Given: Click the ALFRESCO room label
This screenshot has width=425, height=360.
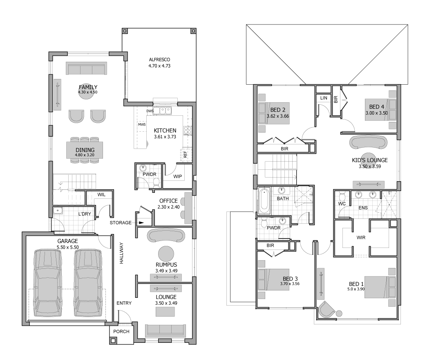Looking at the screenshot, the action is click(159, 60).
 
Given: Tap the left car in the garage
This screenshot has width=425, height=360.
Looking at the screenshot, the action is click(47, 283).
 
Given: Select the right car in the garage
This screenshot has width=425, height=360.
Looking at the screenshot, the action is click(88, 283).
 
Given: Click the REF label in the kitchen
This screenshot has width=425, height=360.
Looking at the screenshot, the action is click(185, 154).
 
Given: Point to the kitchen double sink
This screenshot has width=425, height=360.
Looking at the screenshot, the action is click(162, 111).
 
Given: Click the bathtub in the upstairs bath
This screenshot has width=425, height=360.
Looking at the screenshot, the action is click(264, 201).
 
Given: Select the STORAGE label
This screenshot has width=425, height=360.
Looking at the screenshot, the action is click(121, 223).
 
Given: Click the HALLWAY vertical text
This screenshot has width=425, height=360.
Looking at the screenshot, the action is click(121, 253).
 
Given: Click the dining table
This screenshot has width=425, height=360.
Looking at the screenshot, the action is click(85, 150).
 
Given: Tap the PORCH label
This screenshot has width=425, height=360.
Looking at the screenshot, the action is click(121, 331).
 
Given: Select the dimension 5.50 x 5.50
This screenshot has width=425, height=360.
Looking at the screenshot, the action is click(68, 248).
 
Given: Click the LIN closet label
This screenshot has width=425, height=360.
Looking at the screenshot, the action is click(324, 98).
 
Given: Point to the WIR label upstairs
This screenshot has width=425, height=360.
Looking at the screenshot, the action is click(361, 238).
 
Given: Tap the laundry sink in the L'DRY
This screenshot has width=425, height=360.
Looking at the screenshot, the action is click(58, 211).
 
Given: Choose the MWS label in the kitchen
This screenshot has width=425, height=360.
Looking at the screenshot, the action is click(142, 124).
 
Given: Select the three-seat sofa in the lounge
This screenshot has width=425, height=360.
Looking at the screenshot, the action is click(166, 330).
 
